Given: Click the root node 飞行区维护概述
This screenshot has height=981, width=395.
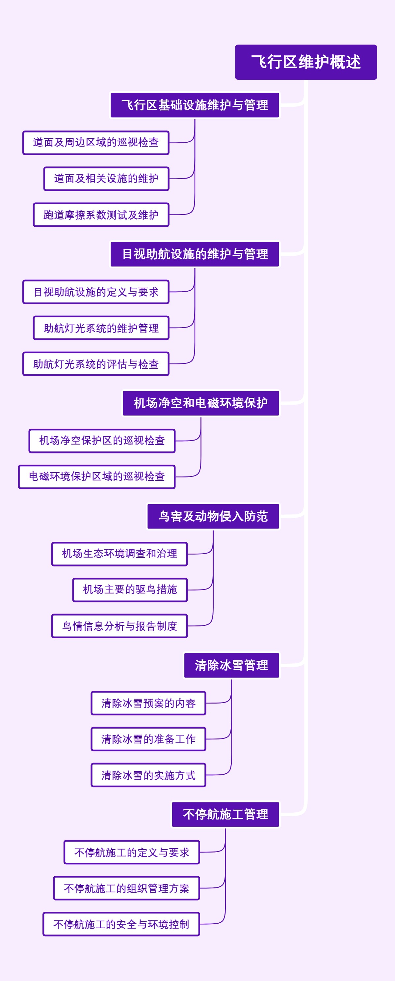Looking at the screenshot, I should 305,62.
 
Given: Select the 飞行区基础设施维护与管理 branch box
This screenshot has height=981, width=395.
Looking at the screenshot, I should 195,105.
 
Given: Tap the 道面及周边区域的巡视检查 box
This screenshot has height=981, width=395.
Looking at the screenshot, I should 95,143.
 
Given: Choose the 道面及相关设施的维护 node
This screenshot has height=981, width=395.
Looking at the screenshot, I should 106,179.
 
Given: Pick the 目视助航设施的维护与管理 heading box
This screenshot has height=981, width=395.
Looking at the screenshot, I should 195,254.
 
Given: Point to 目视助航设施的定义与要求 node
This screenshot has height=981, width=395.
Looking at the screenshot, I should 95,292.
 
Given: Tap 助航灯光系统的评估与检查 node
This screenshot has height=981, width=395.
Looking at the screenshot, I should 95,364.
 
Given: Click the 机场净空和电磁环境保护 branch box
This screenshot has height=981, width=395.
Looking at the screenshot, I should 200,403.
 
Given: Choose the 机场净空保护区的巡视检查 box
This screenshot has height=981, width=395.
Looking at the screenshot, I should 102,441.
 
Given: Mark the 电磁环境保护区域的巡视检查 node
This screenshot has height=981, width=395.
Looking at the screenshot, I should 97,476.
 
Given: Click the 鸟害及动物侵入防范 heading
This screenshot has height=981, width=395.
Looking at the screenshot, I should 213,516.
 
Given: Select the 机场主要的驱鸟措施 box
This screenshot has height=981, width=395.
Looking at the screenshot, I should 130,590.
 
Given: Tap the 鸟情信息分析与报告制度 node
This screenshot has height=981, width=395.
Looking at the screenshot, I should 119,626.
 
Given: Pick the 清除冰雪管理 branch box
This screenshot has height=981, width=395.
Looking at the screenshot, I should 231,665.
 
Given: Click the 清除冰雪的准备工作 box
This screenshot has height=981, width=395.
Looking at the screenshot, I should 148,739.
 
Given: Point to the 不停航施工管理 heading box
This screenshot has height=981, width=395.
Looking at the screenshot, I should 225,814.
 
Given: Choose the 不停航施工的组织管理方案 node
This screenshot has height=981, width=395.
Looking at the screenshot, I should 126,888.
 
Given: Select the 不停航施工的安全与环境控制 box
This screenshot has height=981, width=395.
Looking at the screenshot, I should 121,924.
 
